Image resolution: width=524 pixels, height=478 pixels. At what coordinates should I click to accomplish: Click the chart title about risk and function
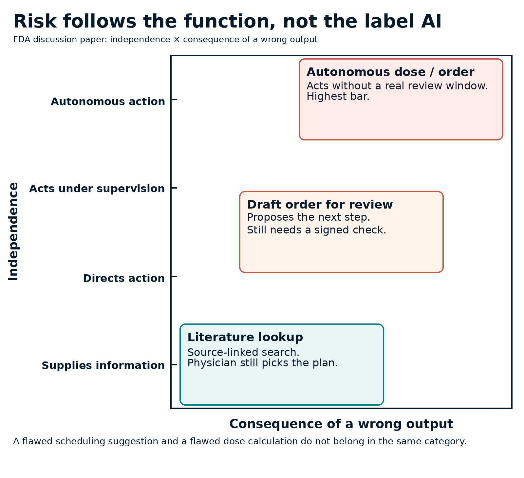pos(228,22)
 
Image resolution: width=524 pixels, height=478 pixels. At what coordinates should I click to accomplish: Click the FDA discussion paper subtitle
pos(165,40)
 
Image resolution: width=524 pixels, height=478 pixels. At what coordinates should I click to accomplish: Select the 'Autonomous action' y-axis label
pos(108,101)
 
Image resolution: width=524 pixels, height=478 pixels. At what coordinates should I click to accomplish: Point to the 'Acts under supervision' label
pos(97,189)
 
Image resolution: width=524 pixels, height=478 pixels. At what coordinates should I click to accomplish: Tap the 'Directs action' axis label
pos(124,278)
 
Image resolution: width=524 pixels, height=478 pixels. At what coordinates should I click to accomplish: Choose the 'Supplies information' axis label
pos(103,365)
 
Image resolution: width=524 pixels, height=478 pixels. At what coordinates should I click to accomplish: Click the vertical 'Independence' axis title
pos(13,231)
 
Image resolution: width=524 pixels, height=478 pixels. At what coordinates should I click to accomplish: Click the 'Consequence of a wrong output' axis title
pos(341,424)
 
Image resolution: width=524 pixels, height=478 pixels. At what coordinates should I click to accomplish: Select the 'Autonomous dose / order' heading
pos(390,72)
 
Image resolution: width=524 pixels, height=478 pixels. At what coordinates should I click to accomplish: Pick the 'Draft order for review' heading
pos(320,205)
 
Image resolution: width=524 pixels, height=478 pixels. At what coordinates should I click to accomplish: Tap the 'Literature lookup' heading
pos(245,337)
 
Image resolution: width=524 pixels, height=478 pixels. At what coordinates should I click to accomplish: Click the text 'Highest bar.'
pos(338,97)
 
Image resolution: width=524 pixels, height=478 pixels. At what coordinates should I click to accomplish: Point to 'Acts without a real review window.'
pos(397,86)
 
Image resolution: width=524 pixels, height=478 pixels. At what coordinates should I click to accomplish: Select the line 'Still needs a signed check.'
pos(316,230)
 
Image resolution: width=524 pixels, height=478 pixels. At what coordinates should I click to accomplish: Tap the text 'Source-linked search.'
pos(243,352)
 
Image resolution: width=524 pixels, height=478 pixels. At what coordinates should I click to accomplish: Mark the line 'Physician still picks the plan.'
pos(262,363)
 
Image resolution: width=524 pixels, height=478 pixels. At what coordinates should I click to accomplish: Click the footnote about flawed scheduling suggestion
pos(240,442)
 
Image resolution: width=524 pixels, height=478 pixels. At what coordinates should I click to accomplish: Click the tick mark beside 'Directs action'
pos(174,277)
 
